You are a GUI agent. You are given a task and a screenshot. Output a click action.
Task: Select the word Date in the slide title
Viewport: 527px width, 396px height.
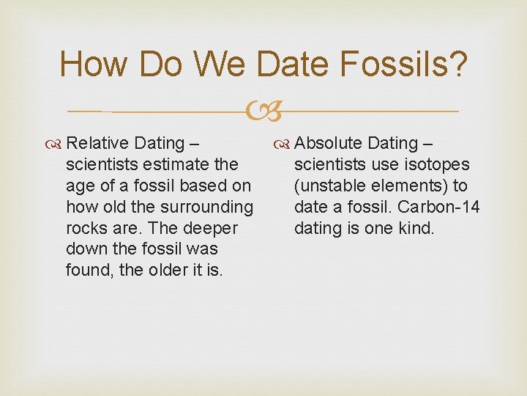296,65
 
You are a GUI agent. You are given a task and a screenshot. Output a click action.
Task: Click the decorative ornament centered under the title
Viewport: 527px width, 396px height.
263,112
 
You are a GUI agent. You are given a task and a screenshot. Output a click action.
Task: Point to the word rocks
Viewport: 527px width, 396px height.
84,228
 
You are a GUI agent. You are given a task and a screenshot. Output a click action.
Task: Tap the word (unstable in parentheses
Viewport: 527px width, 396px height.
324,186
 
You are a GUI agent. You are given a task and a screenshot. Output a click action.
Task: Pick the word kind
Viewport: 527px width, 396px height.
416,228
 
